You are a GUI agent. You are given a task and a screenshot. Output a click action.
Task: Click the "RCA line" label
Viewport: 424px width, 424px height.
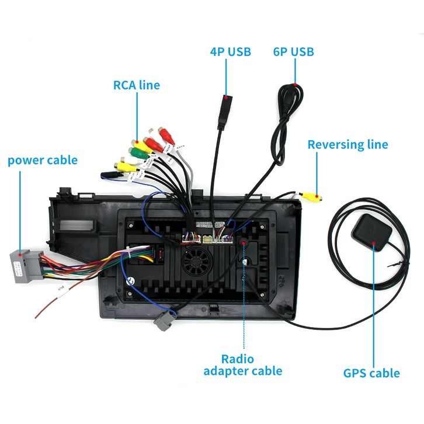point(136,85)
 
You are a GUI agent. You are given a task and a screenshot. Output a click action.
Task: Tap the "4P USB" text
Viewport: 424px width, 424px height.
point(230,51)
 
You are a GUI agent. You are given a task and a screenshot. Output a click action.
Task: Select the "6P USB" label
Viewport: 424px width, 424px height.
point(293,51)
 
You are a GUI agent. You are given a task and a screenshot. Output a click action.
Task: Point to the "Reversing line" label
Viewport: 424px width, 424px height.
point(347,144)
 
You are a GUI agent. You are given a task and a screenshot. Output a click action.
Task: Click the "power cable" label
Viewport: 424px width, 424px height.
point(42,159)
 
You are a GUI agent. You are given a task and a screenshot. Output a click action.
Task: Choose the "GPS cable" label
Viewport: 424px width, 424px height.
point(371,373)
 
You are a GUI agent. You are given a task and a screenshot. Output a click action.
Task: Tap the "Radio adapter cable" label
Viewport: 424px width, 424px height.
point(242,364)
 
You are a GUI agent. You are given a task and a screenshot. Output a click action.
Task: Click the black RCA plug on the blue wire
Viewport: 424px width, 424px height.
point(109,173)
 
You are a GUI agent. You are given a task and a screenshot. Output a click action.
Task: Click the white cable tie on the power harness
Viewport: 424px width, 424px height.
point(128,255)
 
